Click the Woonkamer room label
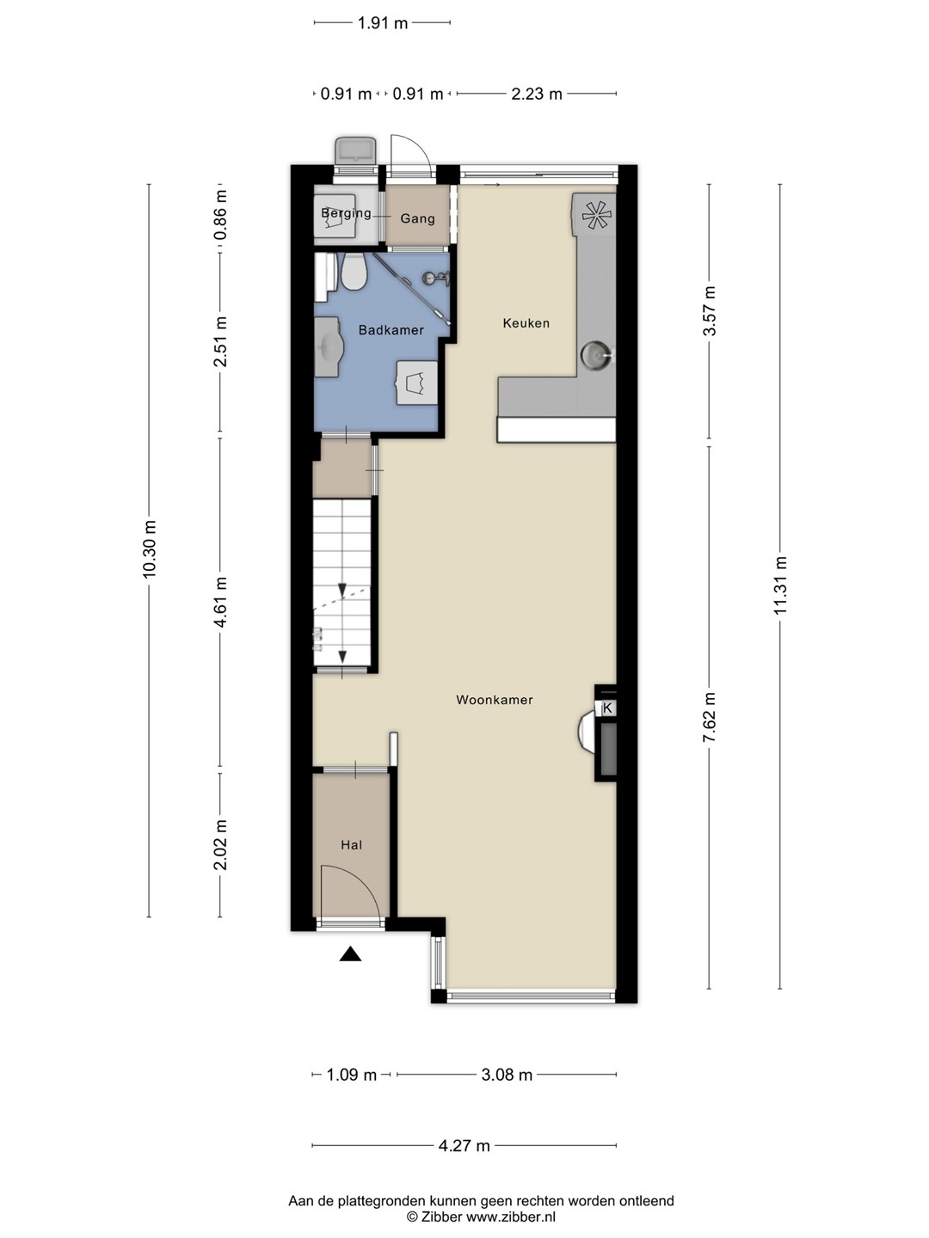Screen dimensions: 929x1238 click(494, 700)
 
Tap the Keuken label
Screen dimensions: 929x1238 click(526, 323)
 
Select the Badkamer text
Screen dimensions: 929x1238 click(391, 330)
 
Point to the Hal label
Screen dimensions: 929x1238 click(351, 845)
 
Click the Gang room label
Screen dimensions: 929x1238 click(417, 219)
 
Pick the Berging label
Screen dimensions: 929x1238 click(346, 213)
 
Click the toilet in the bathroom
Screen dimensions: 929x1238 click(354, 272)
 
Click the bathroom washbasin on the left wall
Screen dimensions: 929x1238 click(328, 346)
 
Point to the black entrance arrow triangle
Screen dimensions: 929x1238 click(350, 953)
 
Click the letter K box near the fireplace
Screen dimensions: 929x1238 click(607, 708)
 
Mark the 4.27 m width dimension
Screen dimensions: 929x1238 click(464, 1145)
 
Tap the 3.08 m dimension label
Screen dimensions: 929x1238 click(507, 1075)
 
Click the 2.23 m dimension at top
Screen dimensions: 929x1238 click(537, 94)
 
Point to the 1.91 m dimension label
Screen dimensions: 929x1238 click(383, 23)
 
